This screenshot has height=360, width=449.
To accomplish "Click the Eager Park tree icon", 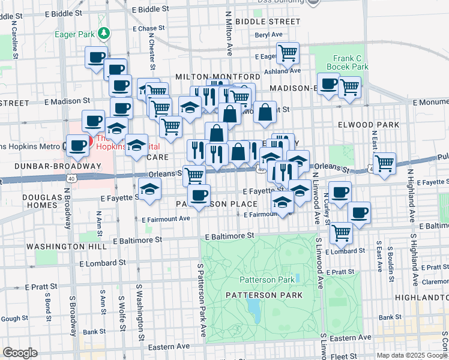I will click(x=104, y=32).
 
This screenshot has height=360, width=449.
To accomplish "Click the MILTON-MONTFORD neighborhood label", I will click(x=218, y=77).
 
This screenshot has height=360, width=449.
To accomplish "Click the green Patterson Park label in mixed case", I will click(x=267, y=280).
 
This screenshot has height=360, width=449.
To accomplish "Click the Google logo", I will click(x=20, y=353).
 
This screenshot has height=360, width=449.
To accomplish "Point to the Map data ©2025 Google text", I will click(x=411, y=355).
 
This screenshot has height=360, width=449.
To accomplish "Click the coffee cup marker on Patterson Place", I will click(x=199, y=194).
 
